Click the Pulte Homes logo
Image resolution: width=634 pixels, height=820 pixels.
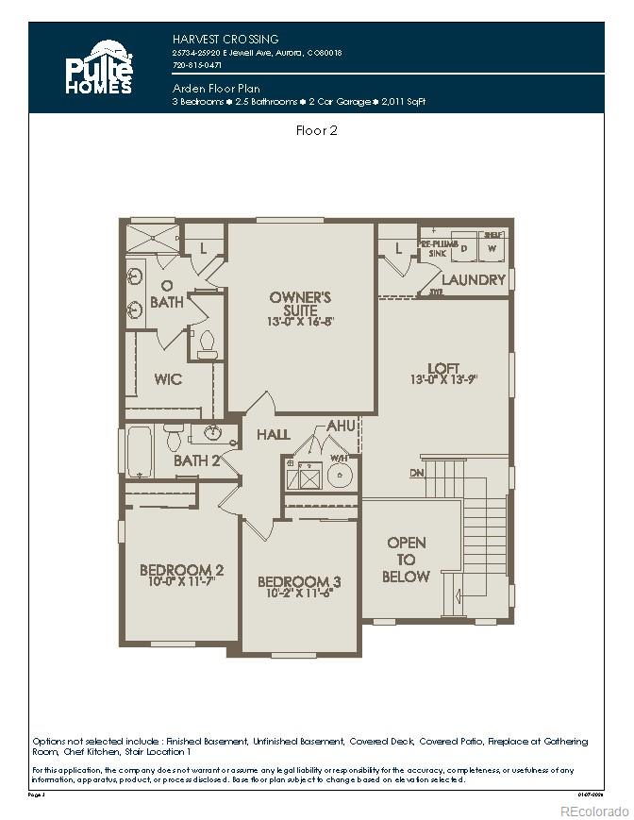(x=99, y=68)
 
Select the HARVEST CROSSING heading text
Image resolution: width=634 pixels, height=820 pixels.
(x=225, y=40)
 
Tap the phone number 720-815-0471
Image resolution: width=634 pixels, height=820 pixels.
(x=197, y=66)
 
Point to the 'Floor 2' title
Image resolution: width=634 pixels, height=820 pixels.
(x=317, y=131)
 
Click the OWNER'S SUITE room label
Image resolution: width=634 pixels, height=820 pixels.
(x=300, y=303)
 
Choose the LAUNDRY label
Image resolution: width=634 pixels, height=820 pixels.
(x=474, y=280)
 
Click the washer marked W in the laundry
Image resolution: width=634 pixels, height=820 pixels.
(x=492, y=247)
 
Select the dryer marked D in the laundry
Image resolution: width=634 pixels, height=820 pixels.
(x=464, y=247)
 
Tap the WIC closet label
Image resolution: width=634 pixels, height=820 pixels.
(x=168, y=379)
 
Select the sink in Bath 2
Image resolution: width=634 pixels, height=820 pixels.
(x=209, y=434)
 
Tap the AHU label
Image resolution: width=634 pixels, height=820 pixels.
(x=340, y=427)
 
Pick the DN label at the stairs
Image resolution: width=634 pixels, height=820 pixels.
(x=417, y=473)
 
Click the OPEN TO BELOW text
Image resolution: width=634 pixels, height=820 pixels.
(x=407, y=560)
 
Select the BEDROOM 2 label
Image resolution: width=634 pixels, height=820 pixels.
(x=181, y=570)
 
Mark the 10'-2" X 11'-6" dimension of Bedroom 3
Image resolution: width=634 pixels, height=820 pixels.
(x=300, y=595)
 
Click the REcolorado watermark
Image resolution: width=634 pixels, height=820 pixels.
(x=593, y=811)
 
